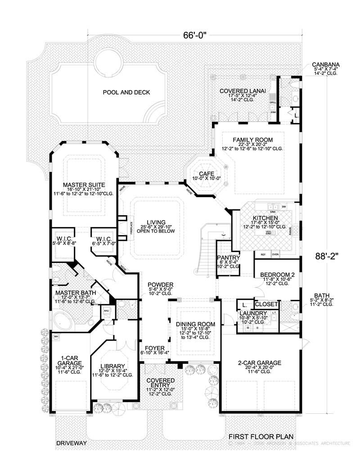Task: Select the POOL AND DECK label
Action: coord(126,92)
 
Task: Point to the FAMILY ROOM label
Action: coord(252,140)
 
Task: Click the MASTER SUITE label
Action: coord(84,185)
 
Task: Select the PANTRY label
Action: coord(229,258)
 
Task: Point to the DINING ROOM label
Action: coord(195,324)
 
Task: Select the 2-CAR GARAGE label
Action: coord(260,363)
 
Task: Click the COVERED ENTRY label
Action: coord(160,384)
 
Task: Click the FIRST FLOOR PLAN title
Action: coord(260,436)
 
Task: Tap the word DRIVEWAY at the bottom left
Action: coord(71,443)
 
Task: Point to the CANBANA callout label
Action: coord(326,65)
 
